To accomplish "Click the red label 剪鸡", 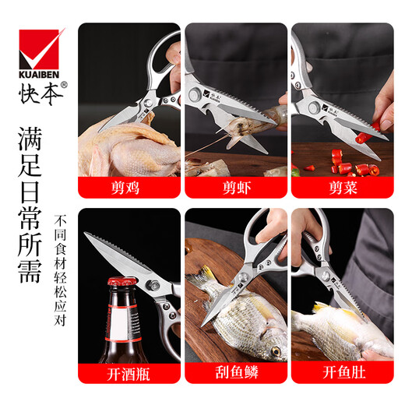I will pos(129,187).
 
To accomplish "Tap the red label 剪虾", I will pos(236,187).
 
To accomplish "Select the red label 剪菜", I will pos(343,187).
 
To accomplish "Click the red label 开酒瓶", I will pos(129,375).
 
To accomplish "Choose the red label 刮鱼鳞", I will pos(236,375).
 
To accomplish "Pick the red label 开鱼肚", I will pos(343,375).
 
